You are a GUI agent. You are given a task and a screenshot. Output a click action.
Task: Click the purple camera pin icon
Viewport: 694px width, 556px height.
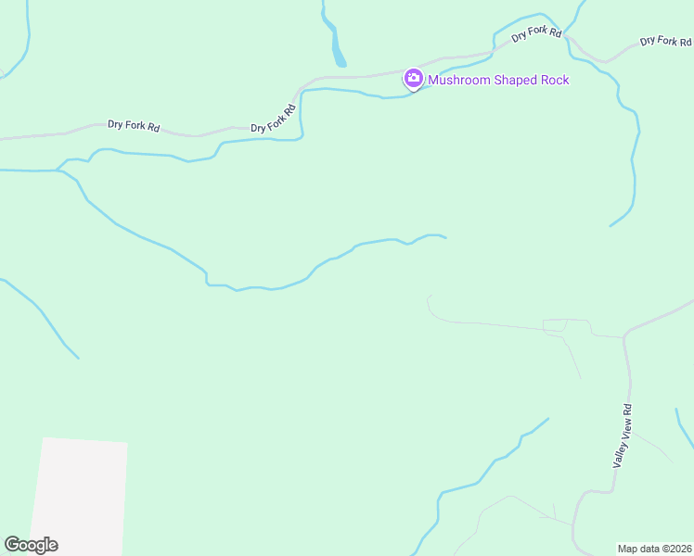click(414, 79)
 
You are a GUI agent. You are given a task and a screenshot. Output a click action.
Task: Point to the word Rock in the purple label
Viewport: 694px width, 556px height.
click(555, 80)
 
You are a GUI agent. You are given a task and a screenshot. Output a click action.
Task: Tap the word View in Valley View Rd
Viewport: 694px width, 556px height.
click(625, 429)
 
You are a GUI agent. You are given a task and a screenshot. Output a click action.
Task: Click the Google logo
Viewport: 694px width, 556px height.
click(31, 545)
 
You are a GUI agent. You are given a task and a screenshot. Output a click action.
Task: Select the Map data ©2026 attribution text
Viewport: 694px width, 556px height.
click(654, 548)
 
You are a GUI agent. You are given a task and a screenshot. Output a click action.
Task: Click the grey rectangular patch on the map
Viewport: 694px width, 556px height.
click(81, 496)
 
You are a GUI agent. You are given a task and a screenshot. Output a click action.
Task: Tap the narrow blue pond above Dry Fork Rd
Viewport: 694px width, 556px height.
click(336, 46)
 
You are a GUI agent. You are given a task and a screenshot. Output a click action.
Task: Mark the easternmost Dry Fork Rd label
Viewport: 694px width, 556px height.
click(665, 41)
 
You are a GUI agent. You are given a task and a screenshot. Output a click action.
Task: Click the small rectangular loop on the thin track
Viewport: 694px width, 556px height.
click(555, 325)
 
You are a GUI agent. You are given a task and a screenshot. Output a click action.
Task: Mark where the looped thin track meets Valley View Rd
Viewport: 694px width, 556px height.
click(623, 337)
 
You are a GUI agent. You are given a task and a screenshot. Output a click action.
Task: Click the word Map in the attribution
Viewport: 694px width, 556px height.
click(628, 548)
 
